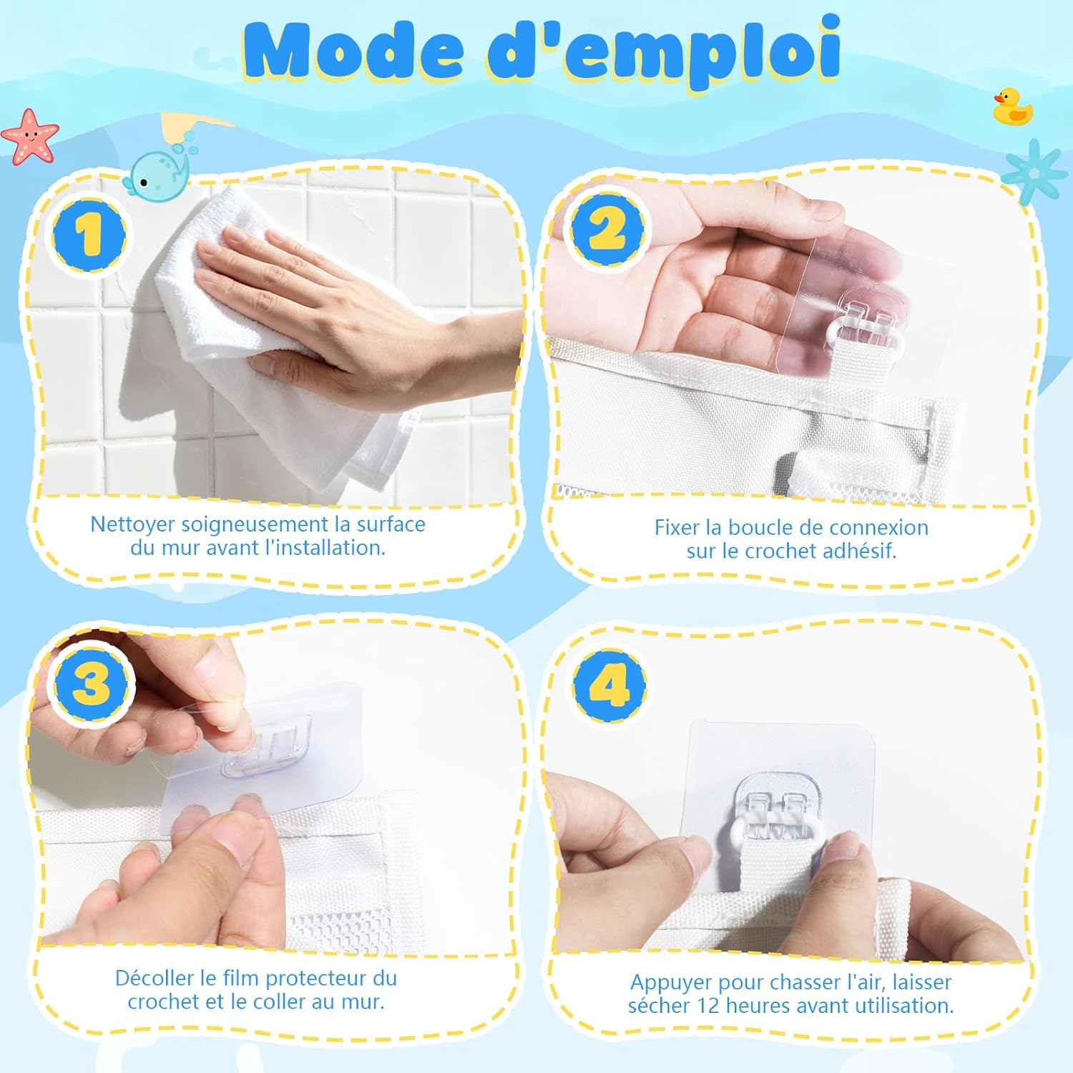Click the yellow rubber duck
[x=1013, y=107]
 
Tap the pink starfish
[x=30, y=136]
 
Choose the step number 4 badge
[x=609, y=685]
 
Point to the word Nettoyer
[x=132, y=524]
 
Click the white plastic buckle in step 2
[x=866, y=336]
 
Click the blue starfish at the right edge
[x=1035, y=172]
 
